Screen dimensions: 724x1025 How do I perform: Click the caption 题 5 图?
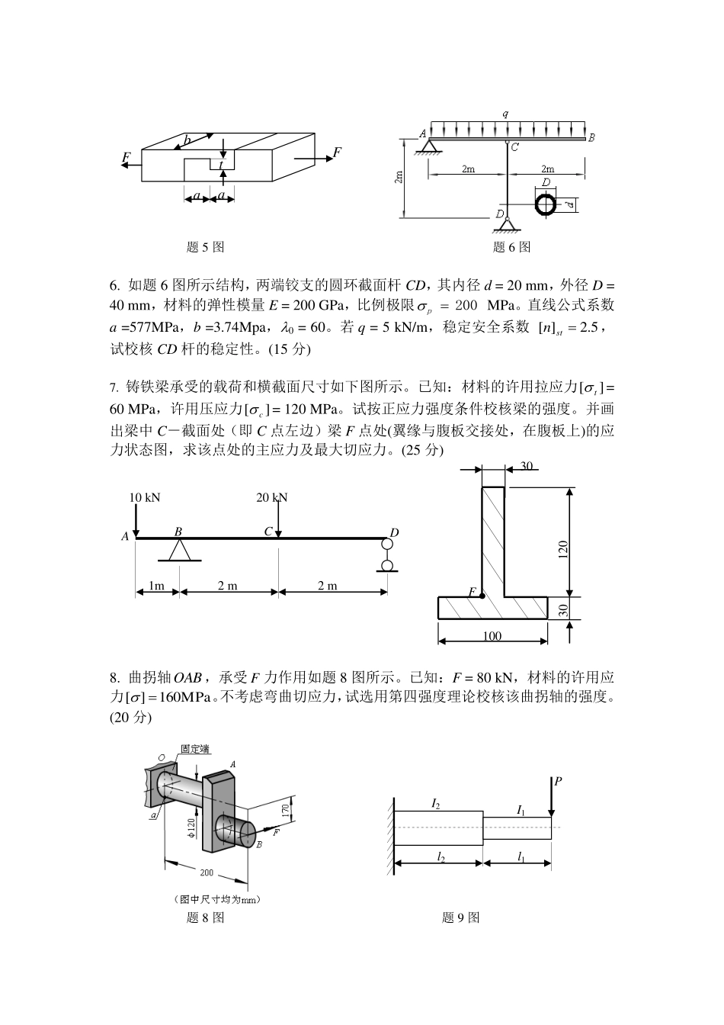pos(205,247)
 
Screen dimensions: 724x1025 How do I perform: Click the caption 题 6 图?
pos(511,247)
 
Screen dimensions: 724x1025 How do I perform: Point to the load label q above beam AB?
pos(505,114)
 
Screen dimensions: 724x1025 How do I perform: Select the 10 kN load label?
pos(145,497)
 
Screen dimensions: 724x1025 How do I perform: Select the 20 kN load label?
pos(272,497)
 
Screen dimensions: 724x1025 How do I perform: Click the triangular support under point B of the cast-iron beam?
pos(179,550)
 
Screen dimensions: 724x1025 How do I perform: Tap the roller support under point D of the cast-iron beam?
pos(387,555)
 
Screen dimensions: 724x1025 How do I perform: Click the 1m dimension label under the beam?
pos(156,586)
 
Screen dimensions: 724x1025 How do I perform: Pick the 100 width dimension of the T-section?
pos(492,636)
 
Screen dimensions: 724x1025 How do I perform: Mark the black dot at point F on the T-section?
pos(482,596)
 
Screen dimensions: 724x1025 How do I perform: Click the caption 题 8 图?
pos(205,917)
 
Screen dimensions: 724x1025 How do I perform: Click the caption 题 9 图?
pos(460,917)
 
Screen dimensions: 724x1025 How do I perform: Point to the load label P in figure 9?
pos(559,782)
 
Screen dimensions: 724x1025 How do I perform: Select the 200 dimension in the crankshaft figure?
pos(207,872)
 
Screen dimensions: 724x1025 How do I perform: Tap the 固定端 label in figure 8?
pos(195,749)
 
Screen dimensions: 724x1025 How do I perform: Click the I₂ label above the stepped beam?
pos(436,803)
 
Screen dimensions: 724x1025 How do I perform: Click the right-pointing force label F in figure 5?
pos(337,153)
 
